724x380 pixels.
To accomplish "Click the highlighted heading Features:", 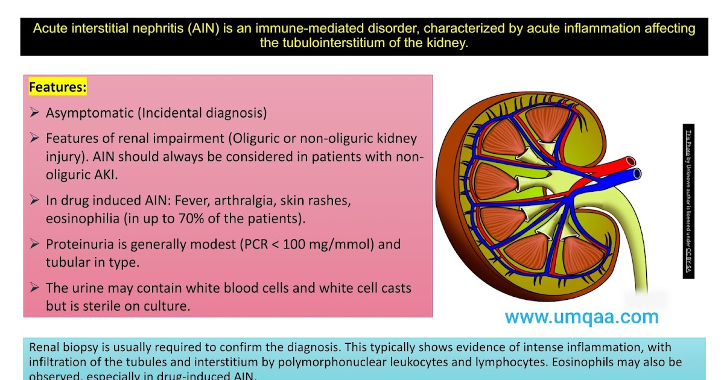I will click(x=58, y=87).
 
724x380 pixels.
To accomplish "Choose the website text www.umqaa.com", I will click(x=581, y=317).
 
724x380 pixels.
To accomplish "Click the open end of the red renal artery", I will click(x=631, y=162).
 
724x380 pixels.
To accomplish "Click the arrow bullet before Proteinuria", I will click(x=34, y=245).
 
